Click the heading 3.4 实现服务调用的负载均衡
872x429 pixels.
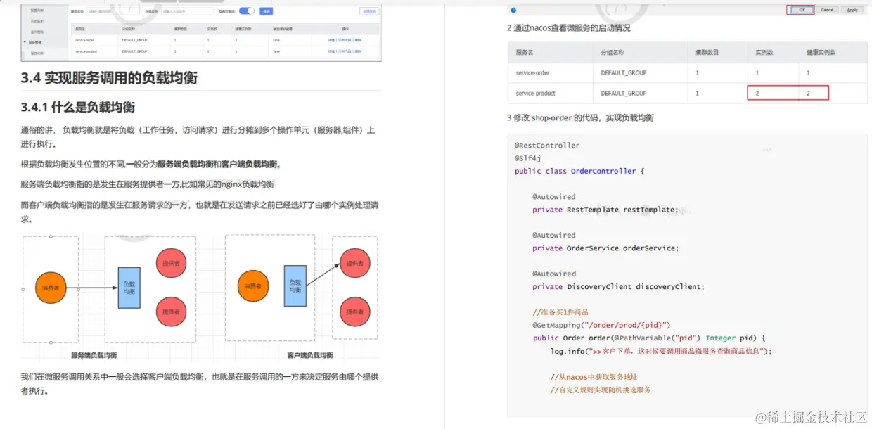pos(109,78)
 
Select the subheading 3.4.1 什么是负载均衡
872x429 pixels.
pos(78,108)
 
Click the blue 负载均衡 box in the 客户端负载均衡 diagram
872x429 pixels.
pos(295,286)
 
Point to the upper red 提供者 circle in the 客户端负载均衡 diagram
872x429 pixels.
pos(355,264)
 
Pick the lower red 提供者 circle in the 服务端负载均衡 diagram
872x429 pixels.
pos(171,312)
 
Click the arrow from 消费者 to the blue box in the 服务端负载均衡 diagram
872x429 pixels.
pos(95,288)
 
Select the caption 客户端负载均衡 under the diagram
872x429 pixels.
pos(310,355)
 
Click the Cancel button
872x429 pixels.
pos(827,10)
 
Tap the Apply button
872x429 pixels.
pos(852,10)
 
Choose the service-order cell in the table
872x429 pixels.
pos(532,73)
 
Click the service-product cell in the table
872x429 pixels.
pos(535,93)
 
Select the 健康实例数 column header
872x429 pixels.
pos(823,53)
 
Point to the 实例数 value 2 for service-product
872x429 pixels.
pos(757,93)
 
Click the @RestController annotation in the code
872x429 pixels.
pos(547,146)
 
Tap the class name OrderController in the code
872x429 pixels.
pos(603,171)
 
